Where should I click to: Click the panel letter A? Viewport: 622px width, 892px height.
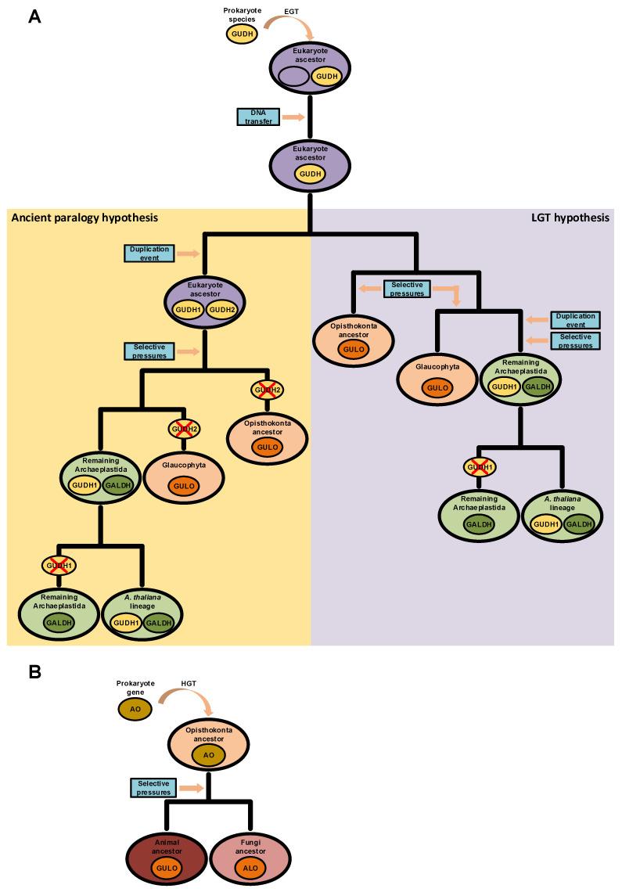[x=34, y=15]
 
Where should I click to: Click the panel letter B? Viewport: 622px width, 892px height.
[x=34, y=672]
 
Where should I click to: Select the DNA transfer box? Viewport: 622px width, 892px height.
[x=257, y=117]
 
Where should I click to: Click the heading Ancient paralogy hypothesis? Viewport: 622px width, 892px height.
[x=84, y=218]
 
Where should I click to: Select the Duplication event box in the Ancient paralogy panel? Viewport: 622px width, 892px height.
[x=147, y=254]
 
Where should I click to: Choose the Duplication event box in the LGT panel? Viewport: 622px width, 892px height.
[x=574, y=320]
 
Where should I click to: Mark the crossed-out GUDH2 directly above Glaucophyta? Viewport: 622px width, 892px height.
[x=184, y=429]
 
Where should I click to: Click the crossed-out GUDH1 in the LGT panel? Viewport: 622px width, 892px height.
[x=480, y=468]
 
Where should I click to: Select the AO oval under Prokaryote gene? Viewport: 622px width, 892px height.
[x=131, y=710]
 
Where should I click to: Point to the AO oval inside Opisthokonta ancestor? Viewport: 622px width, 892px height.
[x=208, y=755]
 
